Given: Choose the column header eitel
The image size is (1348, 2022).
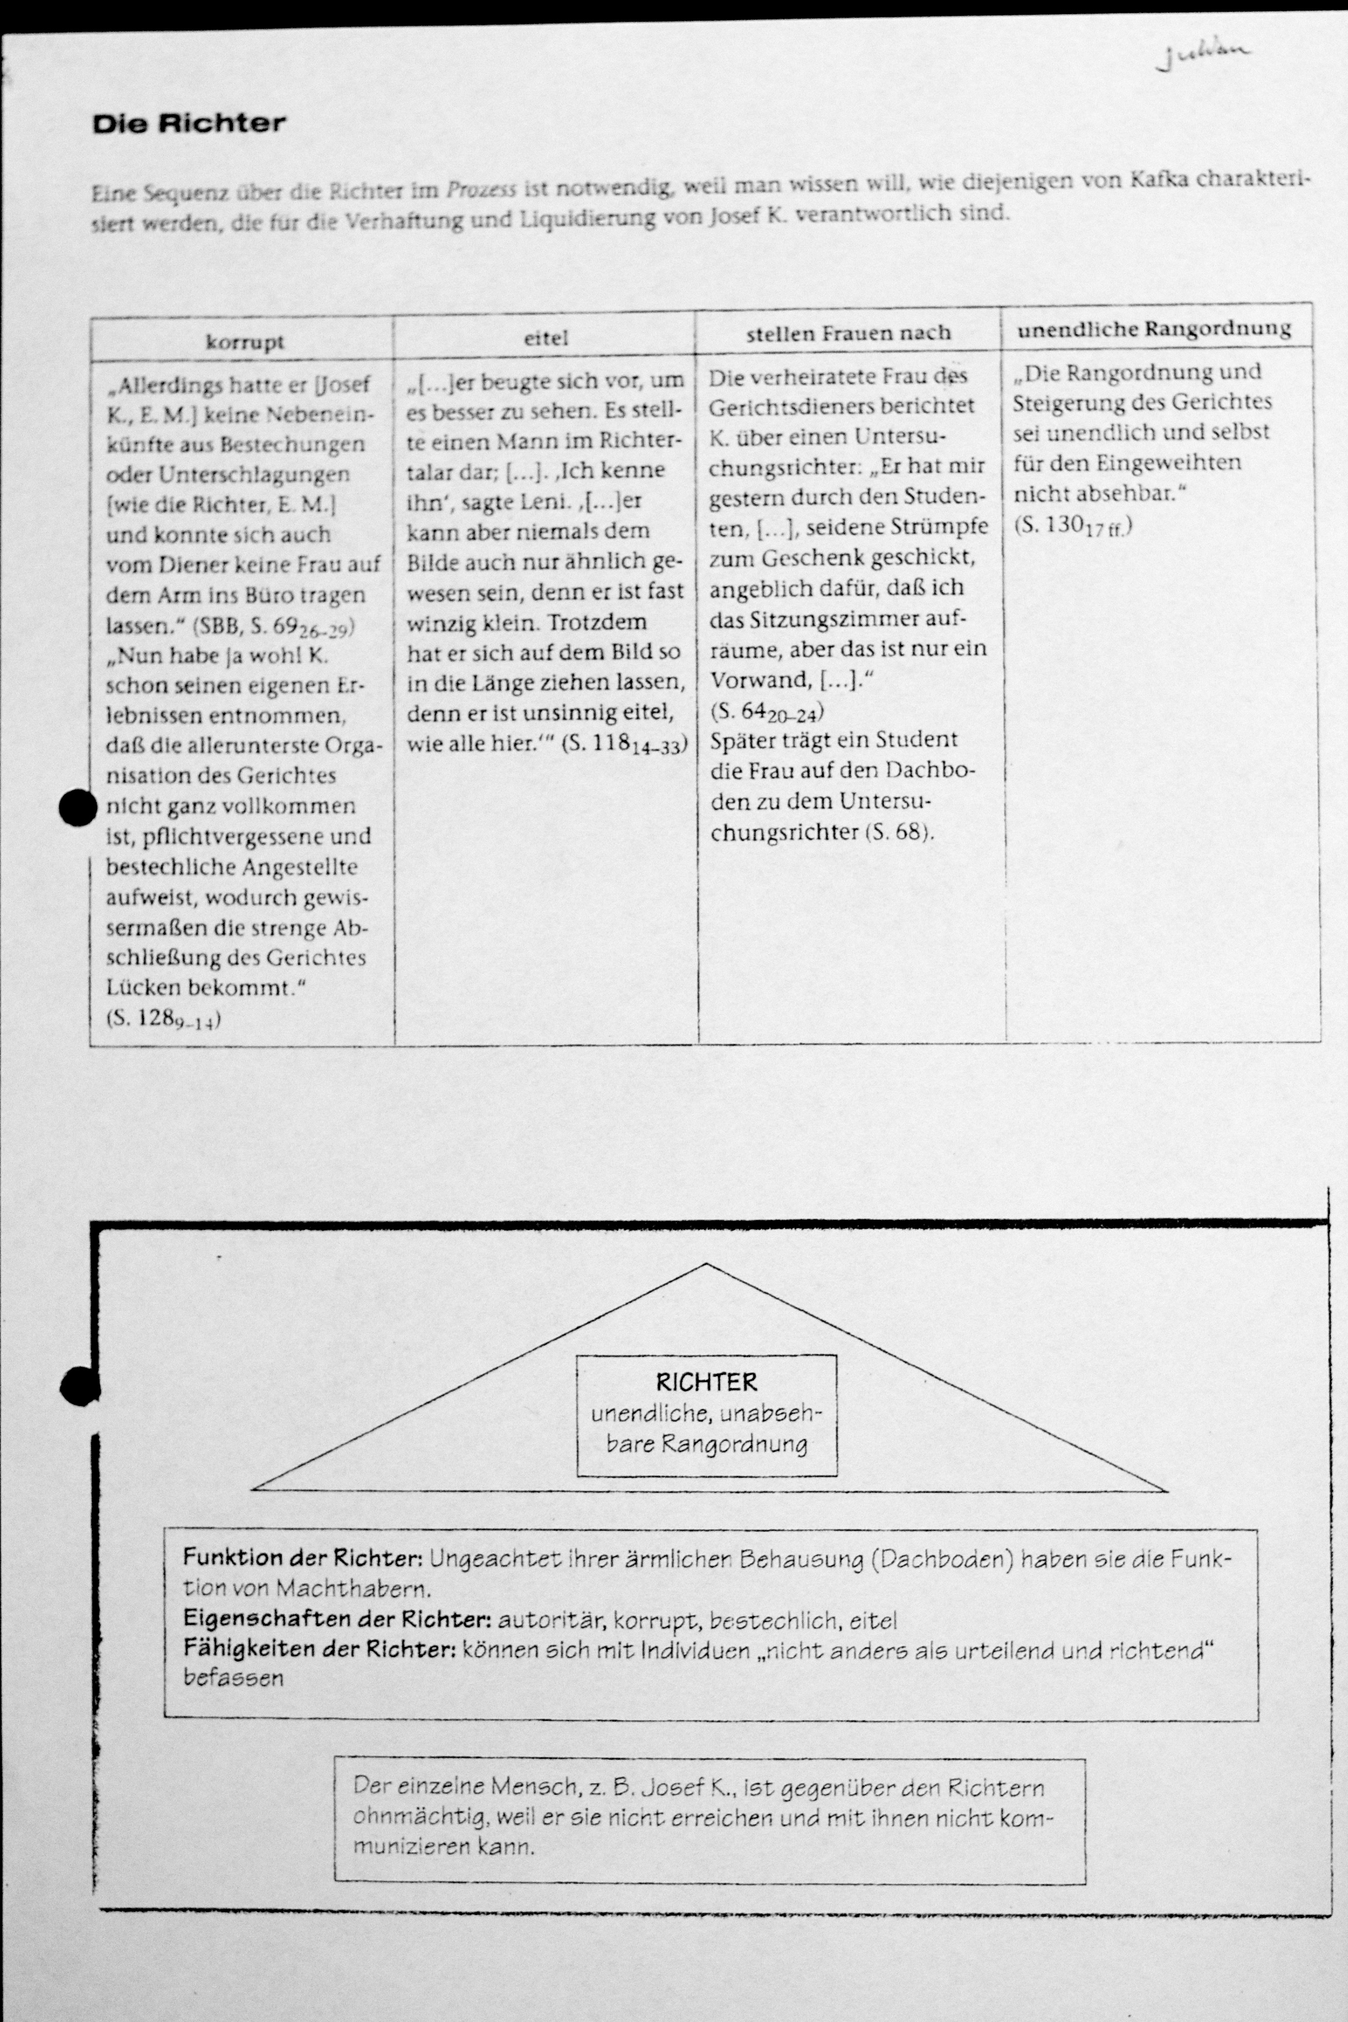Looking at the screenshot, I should [546, 338].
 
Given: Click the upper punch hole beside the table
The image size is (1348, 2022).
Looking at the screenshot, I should [77, 807].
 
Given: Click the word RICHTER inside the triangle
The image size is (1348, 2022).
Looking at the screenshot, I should [706, 1383].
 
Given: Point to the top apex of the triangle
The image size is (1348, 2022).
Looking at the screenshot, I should [706, 1264].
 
